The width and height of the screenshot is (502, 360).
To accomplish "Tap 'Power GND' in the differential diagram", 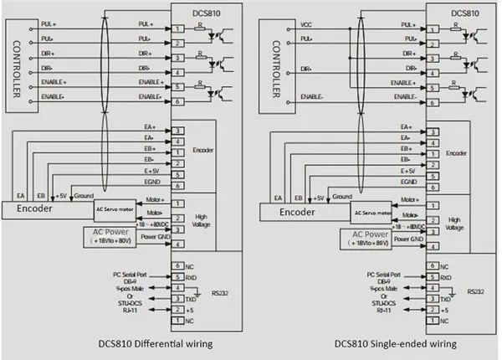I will (x=150, y=238).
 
